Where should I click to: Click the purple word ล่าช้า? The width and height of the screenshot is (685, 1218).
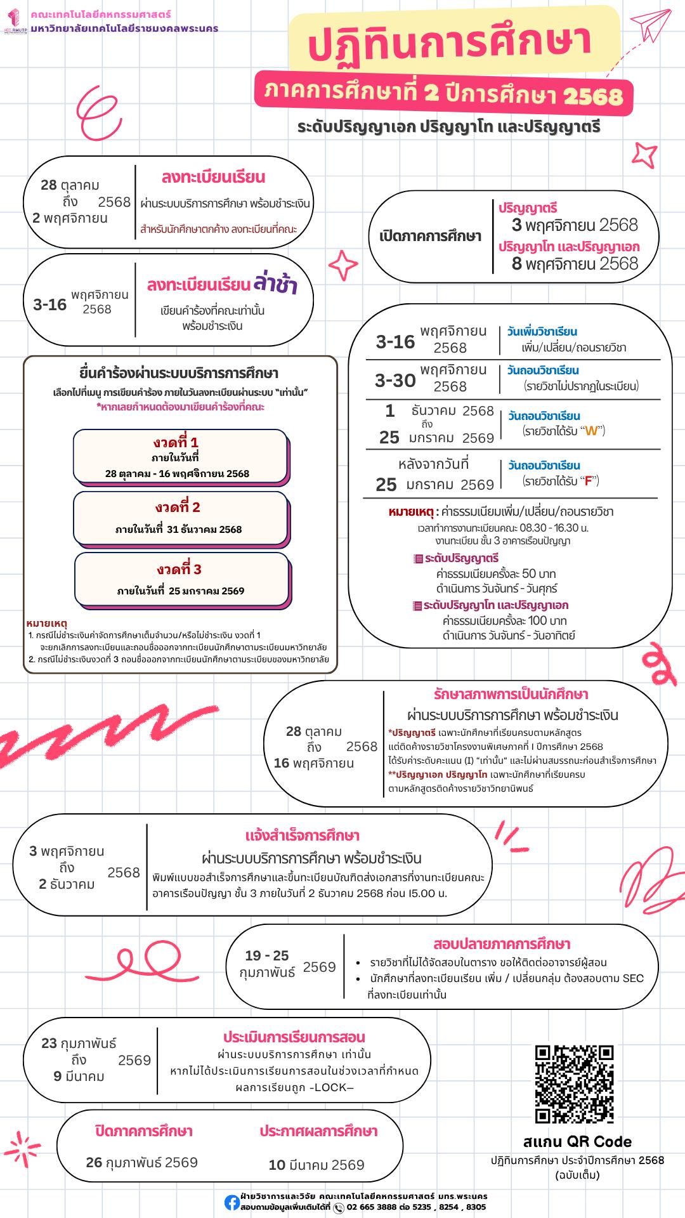click(x=275, y=284)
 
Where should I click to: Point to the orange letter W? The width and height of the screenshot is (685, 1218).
click(x=591, y=431)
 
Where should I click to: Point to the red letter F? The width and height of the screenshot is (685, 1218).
click(x=588, y=481)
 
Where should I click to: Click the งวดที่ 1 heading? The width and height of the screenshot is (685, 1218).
click(x=176, y=442)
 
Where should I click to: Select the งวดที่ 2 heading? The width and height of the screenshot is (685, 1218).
click(x=178, y=507)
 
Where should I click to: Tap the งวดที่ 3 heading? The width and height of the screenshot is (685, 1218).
click(x=179, y=569)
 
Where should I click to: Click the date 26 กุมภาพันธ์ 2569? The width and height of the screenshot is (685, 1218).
click(x=142, y=1162)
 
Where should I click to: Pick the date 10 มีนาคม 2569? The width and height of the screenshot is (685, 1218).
click(x=316, y=1165)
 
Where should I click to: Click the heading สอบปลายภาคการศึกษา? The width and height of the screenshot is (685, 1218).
click(x=502, y=944)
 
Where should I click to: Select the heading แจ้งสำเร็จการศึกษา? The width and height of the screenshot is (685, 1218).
click(x=302, y=835)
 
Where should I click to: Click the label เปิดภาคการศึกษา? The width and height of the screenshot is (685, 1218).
click(x=430, y=237)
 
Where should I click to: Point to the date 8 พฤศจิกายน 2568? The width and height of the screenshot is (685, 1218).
click(x=575, y=263)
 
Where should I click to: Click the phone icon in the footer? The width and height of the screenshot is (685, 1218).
click(x=339, y=1208)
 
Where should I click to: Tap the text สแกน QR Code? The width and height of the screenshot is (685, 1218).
click(x=577, y=1142)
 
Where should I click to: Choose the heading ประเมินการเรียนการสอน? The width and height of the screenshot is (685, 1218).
click(x=294, y=1037)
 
